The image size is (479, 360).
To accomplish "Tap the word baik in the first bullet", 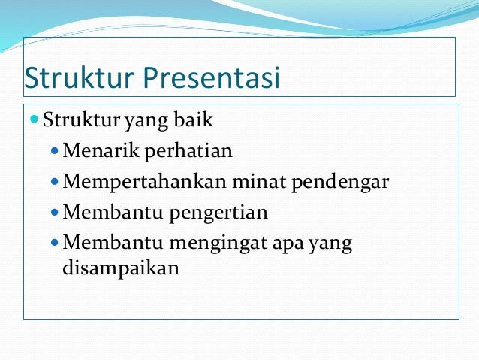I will point(196,120).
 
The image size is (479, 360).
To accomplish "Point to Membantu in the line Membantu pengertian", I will point(106,213).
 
